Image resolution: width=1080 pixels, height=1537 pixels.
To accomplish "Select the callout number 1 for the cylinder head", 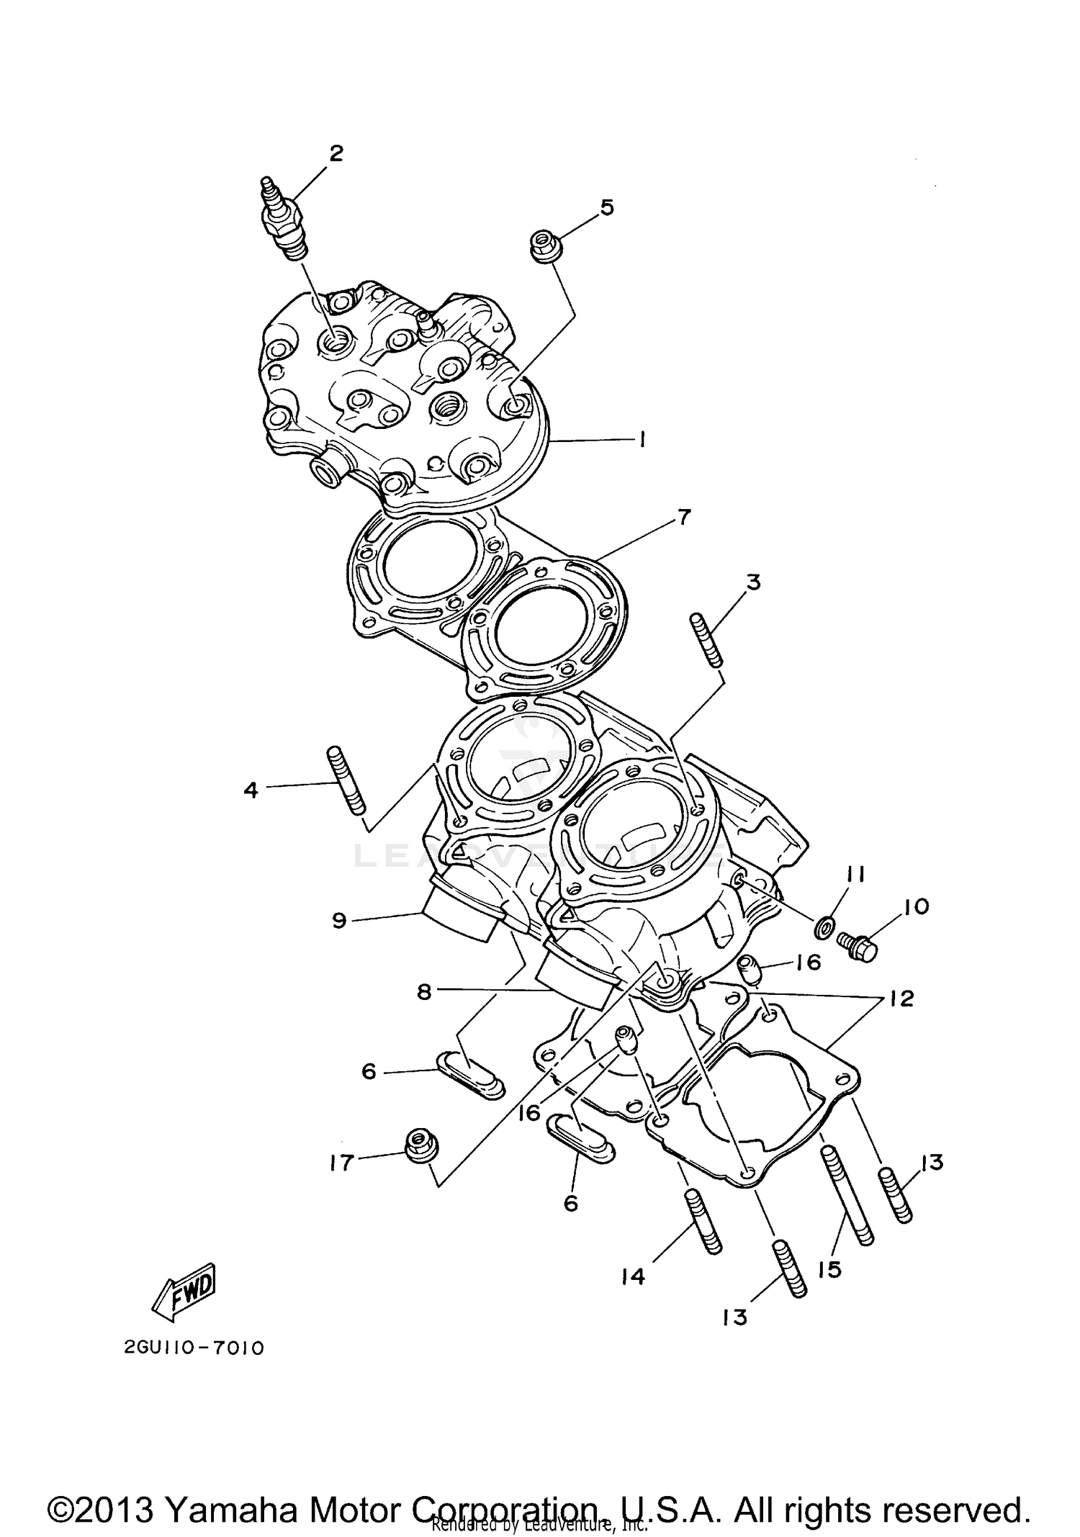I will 641,439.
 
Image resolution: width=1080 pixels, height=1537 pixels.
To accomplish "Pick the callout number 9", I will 340,921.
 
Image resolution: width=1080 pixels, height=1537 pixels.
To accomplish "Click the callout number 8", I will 423,992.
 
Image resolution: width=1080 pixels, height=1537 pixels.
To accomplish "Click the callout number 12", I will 901,999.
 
